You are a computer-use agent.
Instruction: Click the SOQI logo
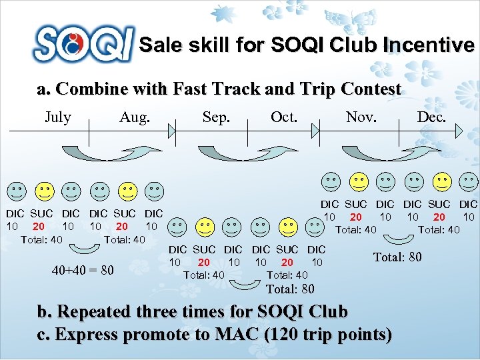click(x=83, y=44)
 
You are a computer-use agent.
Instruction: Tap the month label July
click(x=57, y=118)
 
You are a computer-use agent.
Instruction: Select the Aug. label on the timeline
click(x=135, y=118)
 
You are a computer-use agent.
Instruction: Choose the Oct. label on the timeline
click(x=284, y=118)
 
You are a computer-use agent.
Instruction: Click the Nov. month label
click(x=361, y=118)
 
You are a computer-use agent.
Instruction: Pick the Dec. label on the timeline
click(x=432, y=118)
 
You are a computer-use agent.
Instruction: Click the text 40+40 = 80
click(x=83, y=270)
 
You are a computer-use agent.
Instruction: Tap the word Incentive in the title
click(x=429, y=45)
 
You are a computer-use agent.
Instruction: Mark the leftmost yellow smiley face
click(x=44, y=191)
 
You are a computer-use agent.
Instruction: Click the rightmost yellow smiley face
click(x=441, y=181)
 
